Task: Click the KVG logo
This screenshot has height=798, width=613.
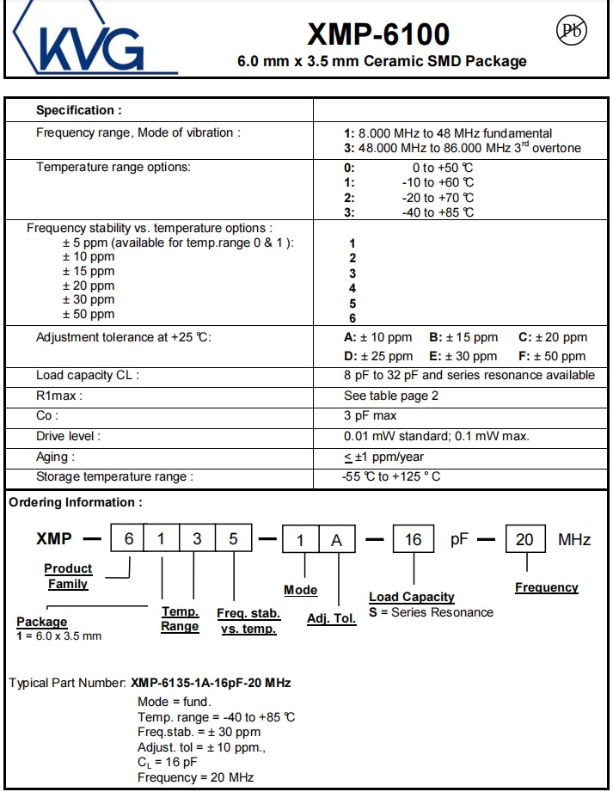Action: (91, 41)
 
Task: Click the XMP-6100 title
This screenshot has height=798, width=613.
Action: (378, 34)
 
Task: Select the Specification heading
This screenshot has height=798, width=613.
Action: (79, 110)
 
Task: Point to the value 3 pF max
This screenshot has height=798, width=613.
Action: (370, 415)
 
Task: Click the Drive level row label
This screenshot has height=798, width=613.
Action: (68, 436)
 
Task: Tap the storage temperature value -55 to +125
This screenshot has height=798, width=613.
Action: (391, 476)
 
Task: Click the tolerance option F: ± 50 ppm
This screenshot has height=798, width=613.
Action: (552, 356)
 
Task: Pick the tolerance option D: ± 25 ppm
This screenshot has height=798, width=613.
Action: (377, 356)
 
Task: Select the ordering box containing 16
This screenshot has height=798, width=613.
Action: (414, 539)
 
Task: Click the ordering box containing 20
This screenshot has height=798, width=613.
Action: (524, 539)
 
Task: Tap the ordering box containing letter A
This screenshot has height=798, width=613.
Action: (337, 539)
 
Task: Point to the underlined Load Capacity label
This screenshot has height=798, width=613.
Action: (412, 597)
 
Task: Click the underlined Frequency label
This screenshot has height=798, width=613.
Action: (547, 587)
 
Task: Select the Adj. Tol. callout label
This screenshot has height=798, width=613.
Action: (331, 618)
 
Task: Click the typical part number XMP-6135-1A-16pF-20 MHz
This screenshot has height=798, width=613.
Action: (211, 683)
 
